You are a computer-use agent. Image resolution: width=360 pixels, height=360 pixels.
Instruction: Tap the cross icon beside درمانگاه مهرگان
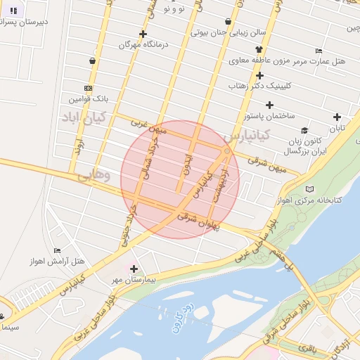[143, 34]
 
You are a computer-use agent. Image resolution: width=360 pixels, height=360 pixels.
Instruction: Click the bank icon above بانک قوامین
[88, 89]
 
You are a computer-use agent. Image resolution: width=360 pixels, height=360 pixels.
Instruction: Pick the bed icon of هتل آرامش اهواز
[57, 251]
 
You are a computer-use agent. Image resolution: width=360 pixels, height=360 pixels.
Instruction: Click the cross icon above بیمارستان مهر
[134, 268]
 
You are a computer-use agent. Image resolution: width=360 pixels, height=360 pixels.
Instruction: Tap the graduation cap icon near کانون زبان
[304, 131]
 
